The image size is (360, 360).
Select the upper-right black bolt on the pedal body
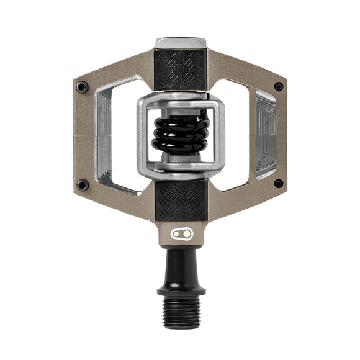tap(278, 87)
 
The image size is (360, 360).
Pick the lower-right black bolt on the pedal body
tap(278, 184)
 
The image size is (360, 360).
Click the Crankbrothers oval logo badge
tap(180, 233)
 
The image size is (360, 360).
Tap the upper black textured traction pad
tap(180, 70)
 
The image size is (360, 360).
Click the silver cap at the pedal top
tap(180, 43)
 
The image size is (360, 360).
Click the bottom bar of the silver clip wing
tap(180, 166)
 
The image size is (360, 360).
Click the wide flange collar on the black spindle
tap(180, 289)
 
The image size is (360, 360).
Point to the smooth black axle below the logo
tap(180, 264)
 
